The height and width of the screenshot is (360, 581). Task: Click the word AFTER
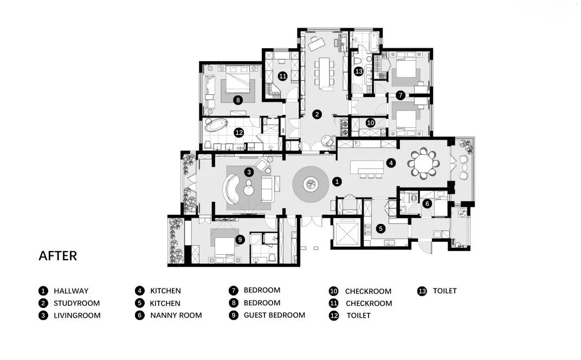coord(58,256)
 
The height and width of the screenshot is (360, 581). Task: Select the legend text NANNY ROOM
coord(176,316)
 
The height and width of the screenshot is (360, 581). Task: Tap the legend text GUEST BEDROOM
coord(275,315)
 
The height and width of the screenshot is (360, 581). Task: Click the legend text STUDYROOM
coord(77,303)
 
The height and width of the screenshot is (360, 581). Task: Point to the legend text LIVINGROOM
coord(77,316)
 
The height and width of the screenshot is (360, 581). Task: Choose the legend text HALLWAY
coord(71,291)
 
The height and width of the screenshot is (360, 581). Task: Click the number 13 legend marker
coord(422,291)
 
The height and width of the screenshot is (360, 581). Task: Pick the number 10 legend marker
coord(333,291)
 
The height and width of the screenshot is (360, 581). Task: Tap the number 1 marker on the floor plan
coord(337,182)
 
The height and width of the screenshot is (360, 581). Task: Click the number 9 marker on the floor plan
coord(240,240)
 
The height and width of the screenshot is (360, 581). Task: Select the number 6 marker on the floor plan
coord(427,203)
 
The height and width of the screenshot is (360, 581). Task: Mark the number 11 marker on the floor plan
coord(283,76)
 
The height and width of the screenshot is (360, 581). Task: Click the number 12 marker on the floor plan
coord(239,132)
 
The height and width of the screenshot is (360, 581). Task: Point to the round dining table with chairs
coord(423,163)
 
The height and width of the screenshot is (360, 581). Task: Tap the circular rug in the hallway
coord(310,184)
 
